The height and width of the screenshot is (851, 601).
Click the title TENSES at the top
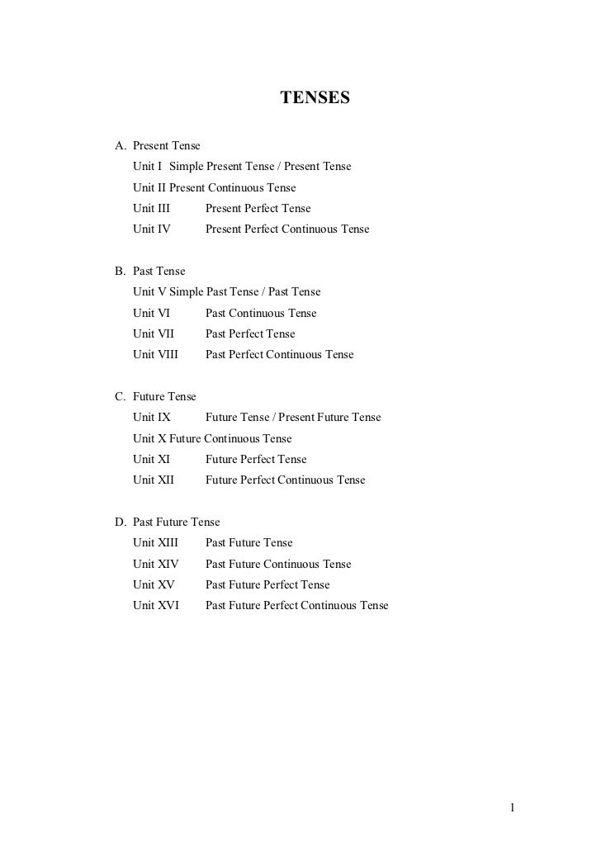click(315, 99)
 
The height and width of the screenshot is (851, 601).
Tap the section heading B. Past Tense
click(150, 271)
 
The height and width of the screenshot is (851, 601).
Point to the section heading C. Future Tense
click(155, 396)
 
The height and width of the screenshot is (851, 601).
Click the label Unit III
click(151, 209)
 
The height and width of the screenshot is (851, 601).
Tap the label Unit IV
click(151, 229)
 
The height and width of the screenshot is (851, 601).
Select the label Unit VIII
click(154, 355)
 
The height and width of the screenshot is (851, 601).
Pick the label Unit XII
click(153, 480)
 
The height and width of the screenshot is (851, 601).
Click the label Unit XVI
click(155, 605)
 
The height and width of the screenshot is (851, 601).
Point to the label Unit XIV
click(155, 564)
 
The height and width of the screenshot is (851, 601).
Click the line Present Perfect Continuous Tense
click(287, 229)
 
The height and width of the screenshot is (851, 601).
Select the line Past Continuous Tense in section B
click(261, 313)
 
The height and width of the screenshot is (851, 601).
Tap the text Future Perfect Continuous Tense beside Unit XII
click(285, 480)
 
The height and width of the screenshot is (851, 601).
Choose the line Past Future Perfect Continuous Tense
click(296, 605)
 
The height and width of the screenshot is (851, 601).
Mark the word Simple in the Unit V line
click(186, 292)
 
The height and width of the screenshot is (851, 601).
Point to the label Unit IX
click(152, 417)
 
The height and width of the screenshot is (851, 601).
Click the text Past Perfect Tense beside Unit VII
click(250, 333)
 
